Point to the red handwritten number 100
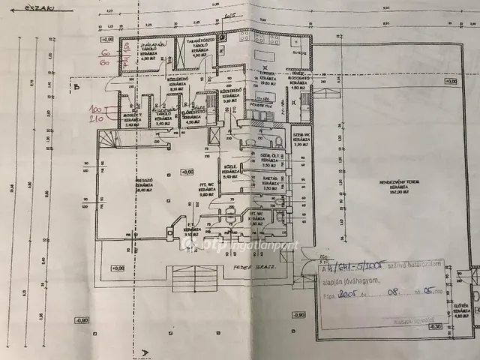click(97, 109)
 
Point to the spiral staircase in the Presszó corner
click(109, 139)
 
